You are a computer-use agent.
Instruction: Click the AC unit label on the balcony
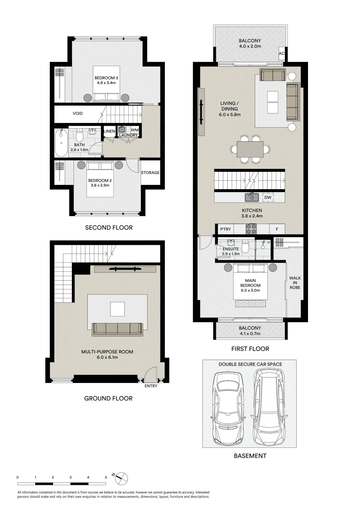click(x=282, y=53)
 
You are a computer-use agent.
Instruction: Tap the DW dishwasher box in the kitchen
click(x=268, y=197)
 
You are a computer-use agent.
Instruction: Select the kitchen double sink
click(x=252, y=197)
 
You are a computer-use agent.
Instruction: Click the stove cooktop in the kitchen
click(x=251, y=229)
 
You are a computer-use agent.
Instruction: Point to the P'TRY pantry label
click(x=225, y=229)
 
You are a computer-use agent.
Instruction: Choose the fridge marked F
click(x=277, y=229)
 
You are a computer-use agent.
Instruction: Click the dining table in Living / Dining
click(x=250, y=149)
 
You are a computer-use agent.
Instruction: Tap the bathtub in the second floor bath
click(x=61, y=143)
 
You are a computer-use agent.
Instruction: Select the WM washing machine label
click(x=135, y=130)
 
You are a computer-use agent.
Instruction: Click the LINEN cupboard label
click(x=109, y=131)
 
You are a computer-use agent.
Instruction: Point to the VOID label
click(x=78, y=113)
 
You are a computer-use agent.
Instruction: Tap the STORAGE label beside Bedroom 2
click(x=150, y=173)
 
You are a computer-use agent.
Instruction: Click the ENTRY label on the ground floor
click(x=151, y=386)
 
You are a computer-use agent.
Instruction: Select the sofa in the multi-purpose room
click(x=117, y=329)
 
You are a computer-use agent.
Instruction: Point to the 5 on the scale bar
click(x=106, y=477)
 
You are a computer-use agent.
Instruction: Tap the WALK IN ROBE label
click(x=295, y=283)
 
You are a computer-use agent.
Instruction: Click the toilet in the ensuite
click(x=246, y=246)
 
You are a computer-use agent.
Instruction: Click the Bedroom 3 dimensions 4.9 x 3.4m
click(x=106, y=83)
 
